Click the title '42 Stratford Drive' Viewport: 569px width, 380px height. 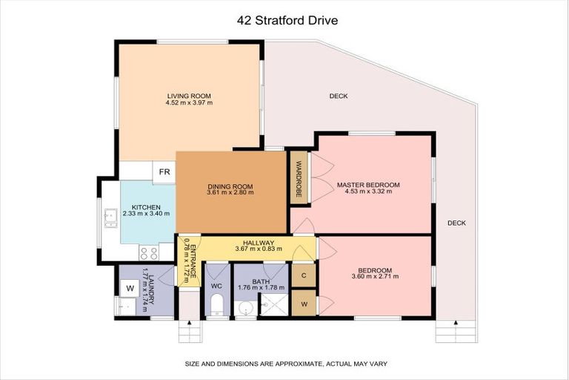287,21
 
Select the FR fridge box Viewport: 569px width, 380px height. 164,172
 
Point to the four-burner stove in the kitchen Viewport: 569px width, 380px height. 146,251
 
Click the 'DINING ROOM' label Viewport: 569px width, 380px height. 230,186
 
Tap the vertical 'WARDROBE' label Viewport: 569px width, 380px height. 299,178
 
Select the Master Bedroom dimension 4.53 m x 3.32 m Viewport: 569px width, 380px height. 368,191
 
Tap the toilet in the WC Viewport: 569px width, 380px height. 217,305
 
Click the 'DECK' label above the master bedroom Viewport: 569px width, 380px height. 339,96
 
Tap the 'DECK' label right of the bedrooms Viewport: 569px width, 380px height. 456,223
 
